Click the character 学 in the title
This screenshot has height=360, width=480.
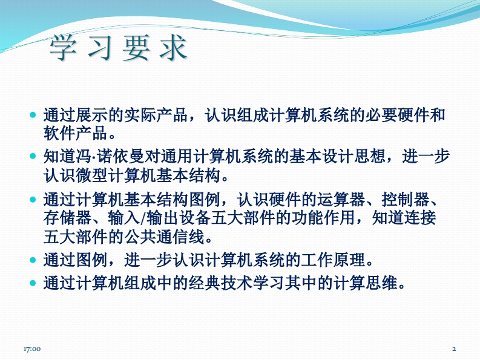[x=63, y=47]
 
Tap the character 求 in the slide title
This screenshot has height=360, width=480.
[x=173, y=47]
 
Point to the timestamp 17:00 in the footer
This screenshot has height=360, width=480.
[x=32, y=349]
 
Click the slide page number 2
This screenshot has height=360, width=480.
[x=455, y=349]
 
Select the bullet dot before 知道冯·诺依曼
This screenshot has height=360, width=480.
[x=33, y=156]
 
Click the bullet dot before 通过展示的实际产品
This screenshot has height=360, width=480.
[x=33, y=115]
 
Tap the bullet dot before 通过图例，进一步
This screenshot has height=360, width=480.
[x=33, y=260]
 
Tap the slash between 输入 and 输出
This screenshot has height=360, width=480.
[x=143, y=218]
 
